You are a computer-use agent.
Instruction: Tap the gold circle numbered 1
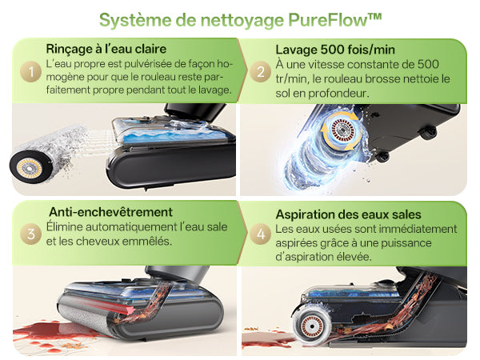pyautogui.click(x=30, y=72)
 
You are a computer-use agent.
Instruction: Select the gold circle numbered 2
pyautogui.click(x=260, y=72)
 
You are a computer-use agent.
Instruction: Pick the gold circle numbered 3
pyautogui.click(x=30, y=234)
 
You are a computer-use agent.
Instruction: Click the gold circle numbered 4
pyautogui.click(x=260, y=234)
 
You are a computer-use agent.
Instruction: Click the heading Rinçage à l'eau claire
pyautogui.click(x=106, y=49)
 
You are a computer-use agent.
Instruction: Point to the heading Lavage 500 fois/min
pyautogui.click(x=335, y=50)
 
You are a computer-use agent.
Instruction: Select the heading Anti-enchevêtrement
pyautogui.click(x=111, y=212)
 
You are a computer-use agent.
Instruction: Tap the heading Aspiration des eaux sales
pyautogui.click(x=348, y=214)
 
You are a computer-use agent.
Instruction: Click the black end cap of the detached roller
pyautogui.click(x=30, y=167)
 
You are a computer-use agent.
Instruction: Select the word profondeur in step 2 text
pyautogui.click(x=337, y=94)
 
